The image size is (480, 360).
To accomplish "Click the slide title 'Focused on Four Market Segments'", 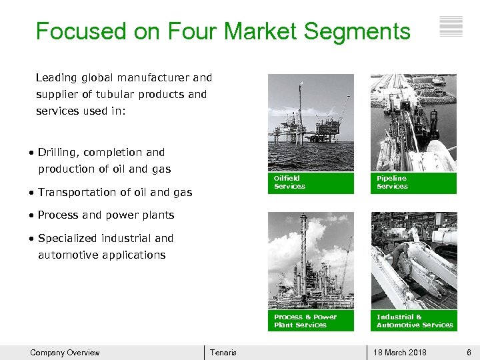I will pos(223,31).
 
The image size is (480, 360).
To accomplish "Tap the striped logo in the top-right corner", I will pos(451,27).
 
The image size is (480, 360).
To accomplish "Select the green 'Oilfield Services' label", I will pos(311,183).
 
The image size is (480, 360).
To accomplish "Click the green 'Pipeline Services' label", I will pos(413,183).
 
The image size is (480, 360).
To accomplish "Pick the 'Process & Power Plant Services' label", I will pos(311,321).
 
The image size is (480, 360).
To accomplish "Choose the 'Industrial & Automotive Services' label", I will pos(413,321).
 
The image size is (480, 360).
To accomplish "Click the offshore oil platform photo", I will pos(311,122).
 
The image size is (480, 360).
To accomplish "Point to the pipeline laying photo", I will pos(413,122).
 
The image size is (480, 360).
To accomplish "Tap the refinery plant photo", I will pos(311,261).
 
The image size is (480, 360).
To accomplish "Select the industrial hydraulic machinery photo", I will pos(413,261).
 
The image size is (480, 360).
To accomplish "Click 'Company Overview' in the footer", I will pos(65,353).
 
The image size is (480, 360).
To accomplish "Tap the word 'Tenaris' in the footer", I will pos(223,353).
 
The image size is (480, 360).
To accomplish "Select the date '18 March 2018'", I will pos(400,353).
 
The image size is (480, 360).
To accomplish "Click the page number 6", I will pos(469,353).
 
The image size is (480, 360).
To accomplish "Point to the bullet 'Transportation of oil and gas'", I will pos(115,193).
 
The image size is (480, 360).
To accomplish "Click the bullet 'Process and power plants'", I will pos(106,215).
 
